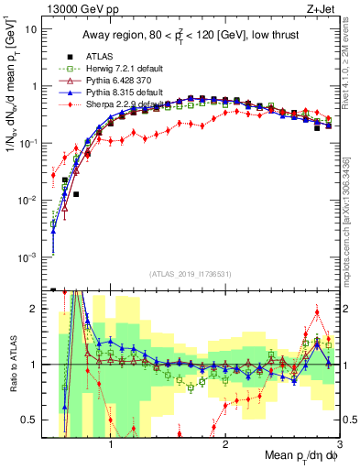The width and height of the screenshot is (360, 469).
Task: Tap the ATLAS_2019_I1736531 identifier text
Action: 190,273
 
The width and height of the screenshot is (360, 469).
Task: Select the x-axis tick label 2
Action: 225,441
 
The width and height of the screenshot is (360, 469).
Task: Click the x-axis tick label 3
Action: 339,441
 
